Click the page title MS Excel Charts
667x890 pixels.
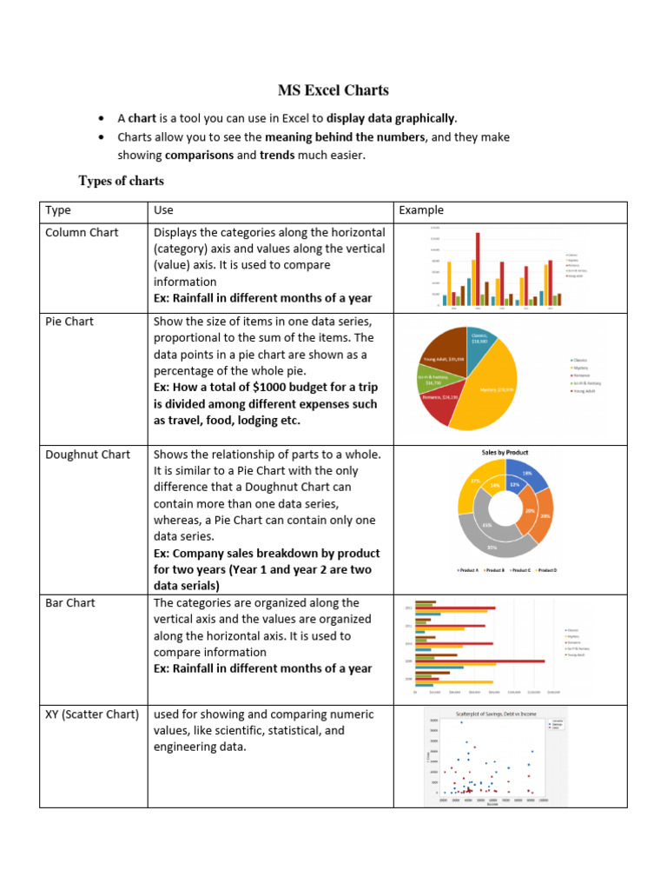333,90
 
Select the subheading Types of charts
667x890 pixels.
121,181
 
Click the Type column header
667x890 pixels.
58,210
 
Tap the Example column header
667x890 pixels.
421,210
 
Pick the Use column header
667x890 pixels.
163,210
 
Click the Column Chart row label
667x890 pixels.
82,233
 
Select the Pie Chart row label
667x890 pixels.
69,322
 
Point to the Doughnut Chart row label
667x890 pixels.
88,455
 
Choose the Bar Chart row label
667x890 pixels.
70,603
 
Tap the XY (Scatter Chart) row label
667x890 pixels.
92,714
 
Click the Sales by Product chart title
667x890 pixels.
505,453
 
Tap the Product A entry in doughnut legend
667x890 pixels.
470,570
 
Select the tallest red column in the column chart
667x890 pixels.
478,269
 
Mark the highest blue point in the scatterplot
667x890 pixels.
461,722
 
